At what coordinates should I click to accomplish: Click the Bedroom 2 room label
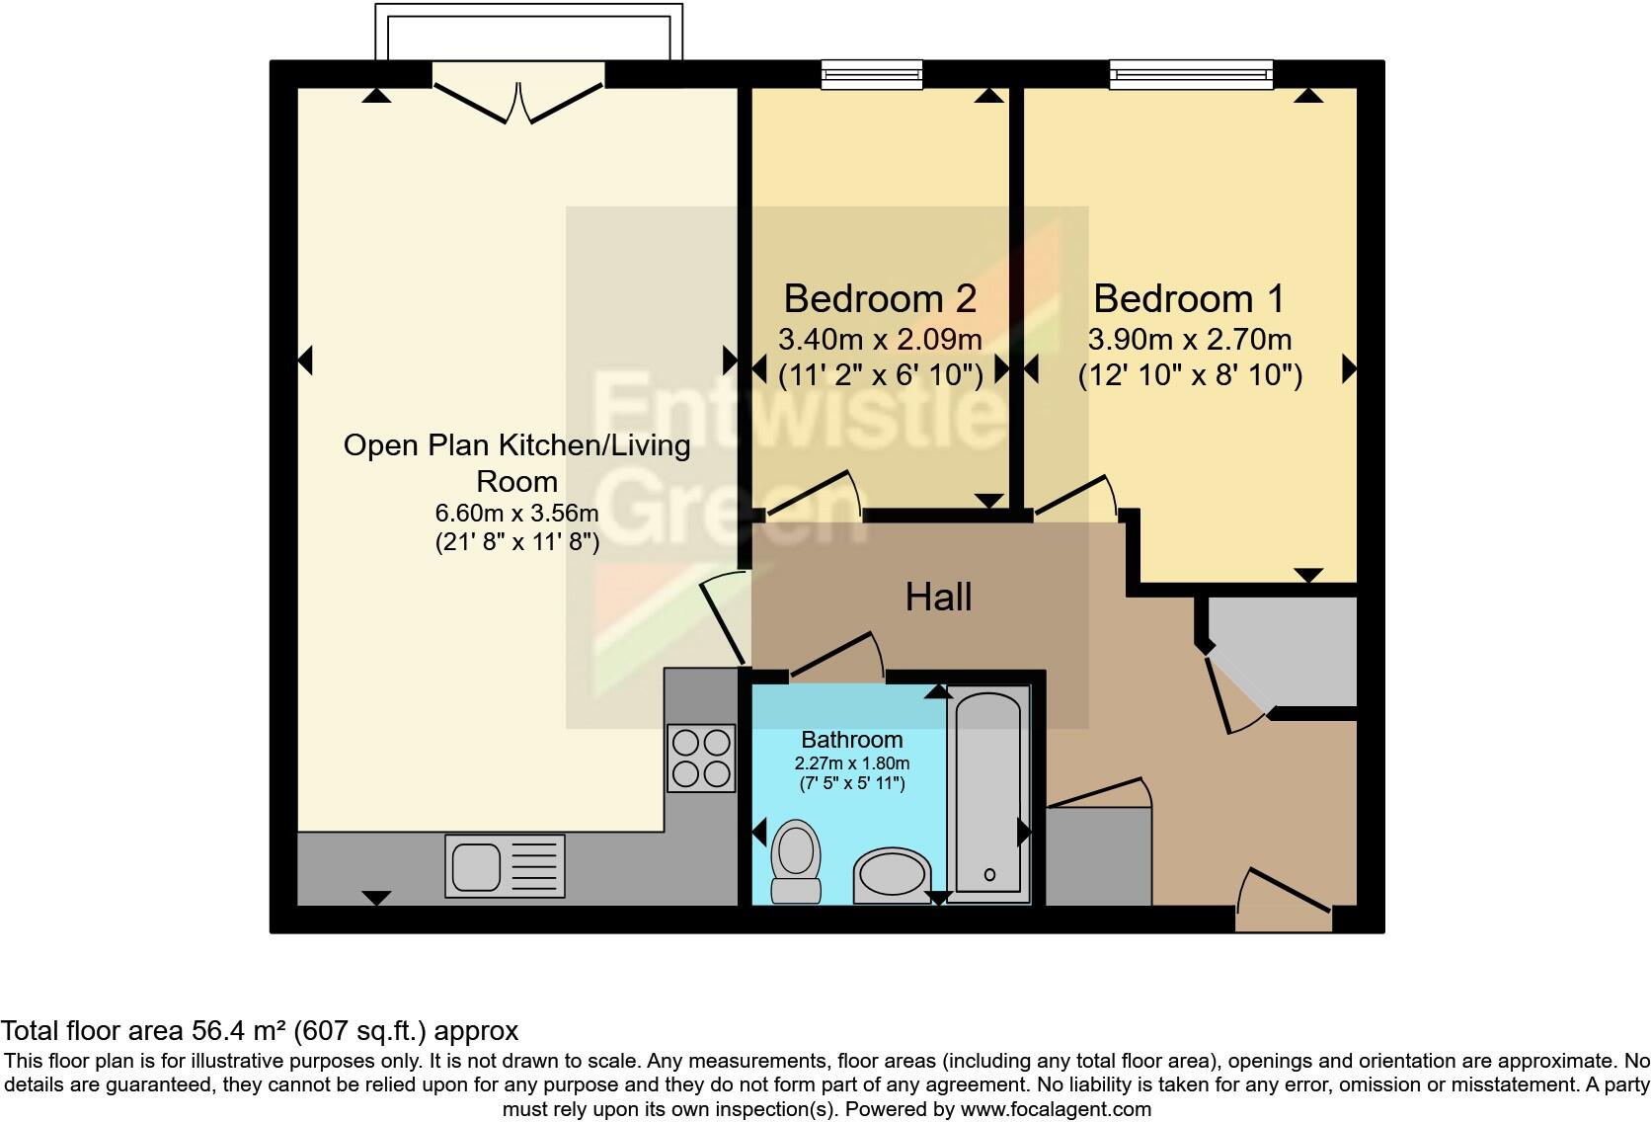880,298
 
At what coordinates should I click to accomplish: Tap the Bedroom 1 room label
1189,298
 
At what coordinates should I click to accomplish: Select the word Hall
938,597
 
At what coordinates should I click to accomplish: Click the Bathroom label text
851,740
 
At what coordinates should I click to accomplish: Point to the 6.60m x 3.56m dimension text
516,514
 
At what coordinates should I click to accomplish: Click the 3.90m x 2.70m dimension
1189,340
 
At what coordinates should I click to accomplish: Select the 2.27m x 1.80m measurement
851,763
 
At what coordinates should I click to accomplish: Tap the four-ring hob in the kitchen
701,758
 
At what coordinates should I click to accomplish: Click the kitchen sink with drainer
505,865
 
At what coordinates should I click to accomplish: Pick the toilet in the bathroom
796,861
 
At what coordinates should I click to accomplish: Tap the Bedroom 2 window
872,73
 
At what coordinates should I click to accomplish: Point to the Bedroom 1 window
1191,73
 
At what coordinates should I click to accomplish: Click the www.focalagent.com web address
1055,1109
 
